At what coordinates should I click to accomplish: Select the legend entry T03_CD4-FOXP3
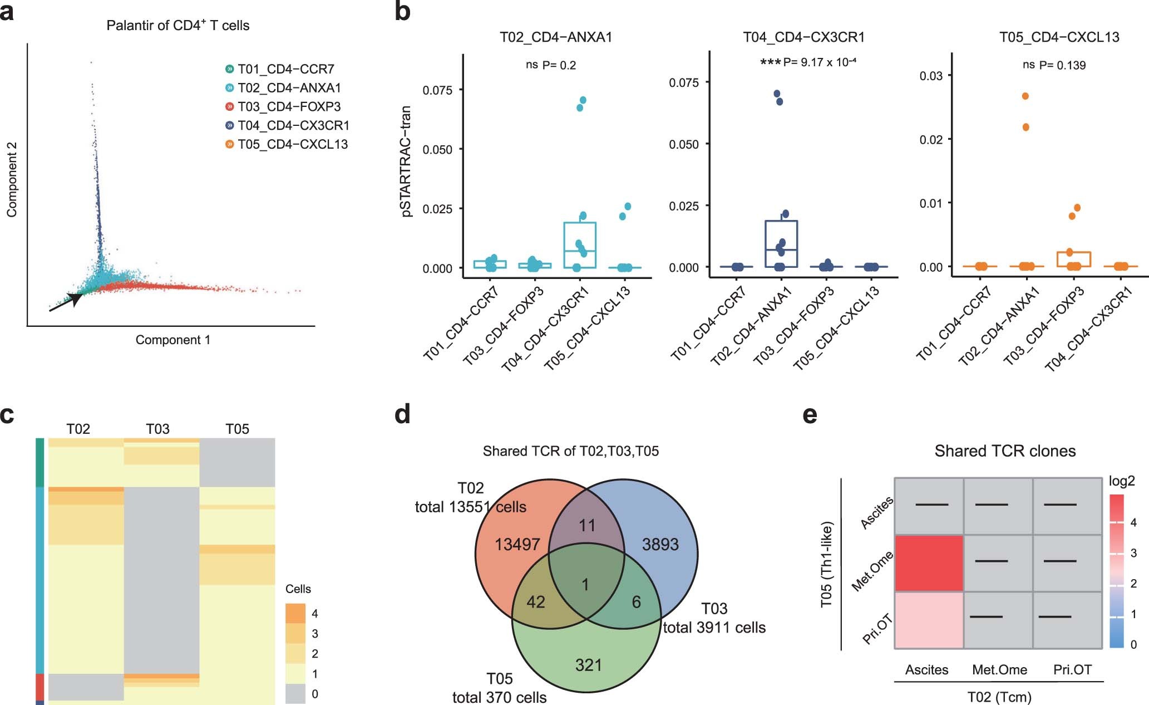[289, 106]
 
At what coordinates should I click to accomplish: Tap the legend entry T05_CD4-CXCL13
[292, 144]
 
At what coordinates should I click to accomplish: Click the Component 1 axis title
[173, 340]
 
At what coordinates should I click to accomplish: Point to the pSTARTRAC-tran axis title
[406, 161]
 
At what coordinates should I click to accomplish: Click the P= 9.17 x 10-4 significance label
[819, 62]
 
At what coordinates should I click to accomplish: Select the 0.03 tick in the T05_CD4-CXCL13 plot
[930, 76]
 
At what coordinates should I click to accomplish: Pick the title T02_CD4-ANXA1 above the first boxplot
[556, 37]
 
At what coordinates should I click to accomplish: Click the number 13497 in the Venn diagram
[517, 544]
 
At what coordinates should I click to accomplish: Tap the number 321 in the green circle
[588, 665]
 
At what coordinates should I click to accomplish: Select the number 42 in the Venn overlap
[535, 602]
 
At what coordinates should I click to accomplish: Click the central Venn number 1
[585, 585]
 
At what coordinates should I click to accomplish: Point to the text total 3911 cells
[714, 628]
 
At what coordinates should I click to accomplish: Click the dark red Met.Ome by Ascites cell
[929, 562]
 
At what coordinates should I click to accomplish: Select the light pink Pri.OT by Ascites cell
[929, 620]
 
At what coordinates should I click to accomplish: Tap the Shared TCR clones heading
[1004, 451]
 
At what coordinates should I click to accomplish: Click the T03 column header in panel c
[157, 429]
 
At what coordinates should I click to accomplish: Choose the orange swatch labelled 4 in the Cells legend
[295, 613]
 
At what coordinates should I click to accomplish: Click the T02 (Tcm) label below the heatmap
[999, 697]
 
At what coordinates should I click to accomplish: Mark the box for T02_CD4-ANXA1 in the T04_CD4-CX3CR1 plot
[781, 244]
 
